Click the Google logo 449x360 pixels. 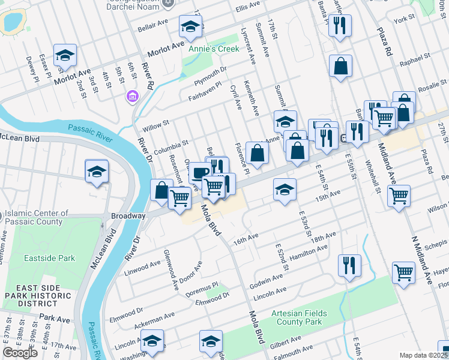20,353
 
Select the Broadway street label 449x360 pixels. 128,215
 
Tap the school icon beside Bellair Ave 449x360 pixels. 190,26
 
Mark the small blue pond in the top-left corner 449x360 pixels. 12,22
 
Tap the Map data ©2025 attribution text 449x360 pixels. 424,355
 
